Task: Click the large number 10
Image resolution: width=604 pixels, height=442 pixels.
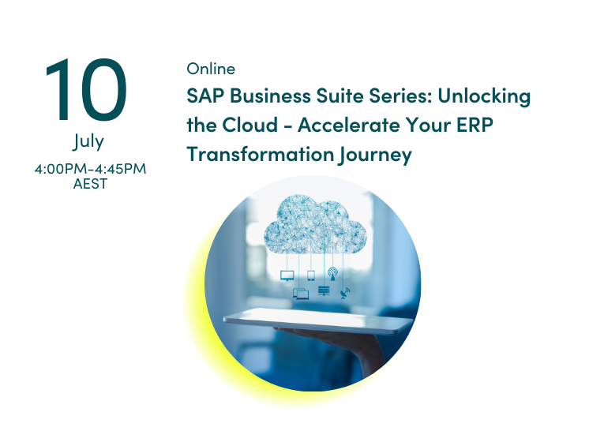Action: pyautogui.click(x=86, y=90)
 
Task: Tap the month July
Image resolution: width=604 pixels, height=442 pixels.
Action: pyautogui.click(x=88, y=141)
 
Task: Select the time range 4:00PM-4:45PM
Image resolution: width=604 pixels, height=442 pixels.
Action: pyautogui.click(x=91, y=169)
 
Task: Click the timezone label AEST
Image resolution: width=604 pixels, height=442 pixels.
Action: pyautogui.click(x=91, y=184)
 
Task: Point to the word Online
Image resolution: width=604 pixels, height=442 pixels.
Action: pyautogui.click(x=211, y=69)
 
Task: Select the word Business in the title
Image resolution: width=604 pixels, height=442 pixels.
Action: pyautogui.click(x=270, y=96)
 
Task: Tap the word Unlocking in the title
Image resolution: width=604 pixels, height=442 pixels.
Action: pyautogui.click(x=484, y=96)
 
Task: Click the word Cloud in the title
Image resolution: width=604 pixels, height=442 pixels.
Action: pyautogui.click(x=249, y=125)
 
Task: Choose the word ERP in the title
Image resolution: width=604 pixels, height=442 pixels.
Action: pyautogui.click(x=475, y=125)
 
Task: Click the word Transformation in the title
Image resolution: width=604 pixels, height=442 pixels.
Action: pyautogui.click(x=261, y=154)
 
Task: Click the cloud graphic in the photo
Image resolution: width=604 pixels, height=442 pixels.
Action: pyautogui.click(x=316, y=224)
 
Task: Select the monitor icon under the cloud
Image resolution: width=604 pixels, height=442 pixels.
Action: pyautogui.click(x=287, y=275)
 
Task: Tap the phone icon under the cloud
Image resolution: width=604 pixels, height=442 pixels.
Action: pyautogui.click(x=311, y=275)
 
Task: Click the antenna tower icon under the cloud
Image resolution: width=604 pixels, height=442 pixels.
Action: pyautogui.click(x=333, y=274)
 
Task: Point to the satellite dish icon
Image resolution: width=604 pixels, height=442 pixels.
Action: pyautogui.click(x=345, y=293)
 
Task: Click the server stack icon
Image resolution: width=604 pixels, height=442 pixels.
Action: pyautogui.click(x=324, y=290)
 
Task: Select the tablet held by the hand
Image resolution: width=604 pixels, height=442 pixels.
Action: pyautogui.click(x=318, y=320)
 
